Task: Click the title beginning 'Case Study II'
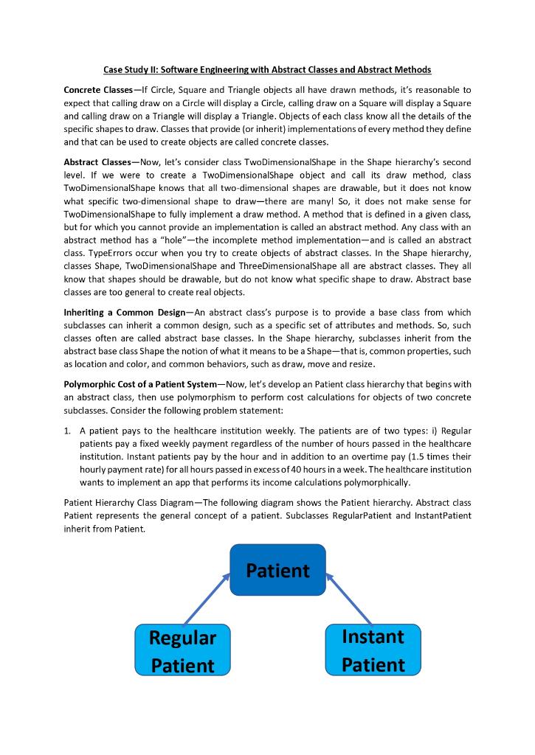click(266, 69)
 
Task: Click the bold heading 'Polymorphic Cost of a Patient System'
click(140, 384)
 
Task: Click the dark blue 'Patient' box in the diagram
click(277, 570)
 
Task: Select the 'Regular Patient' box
click(182, 650)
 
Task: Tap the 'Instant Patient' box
click(373, 650)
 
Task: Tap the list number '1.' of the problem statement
click(68, 433)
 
